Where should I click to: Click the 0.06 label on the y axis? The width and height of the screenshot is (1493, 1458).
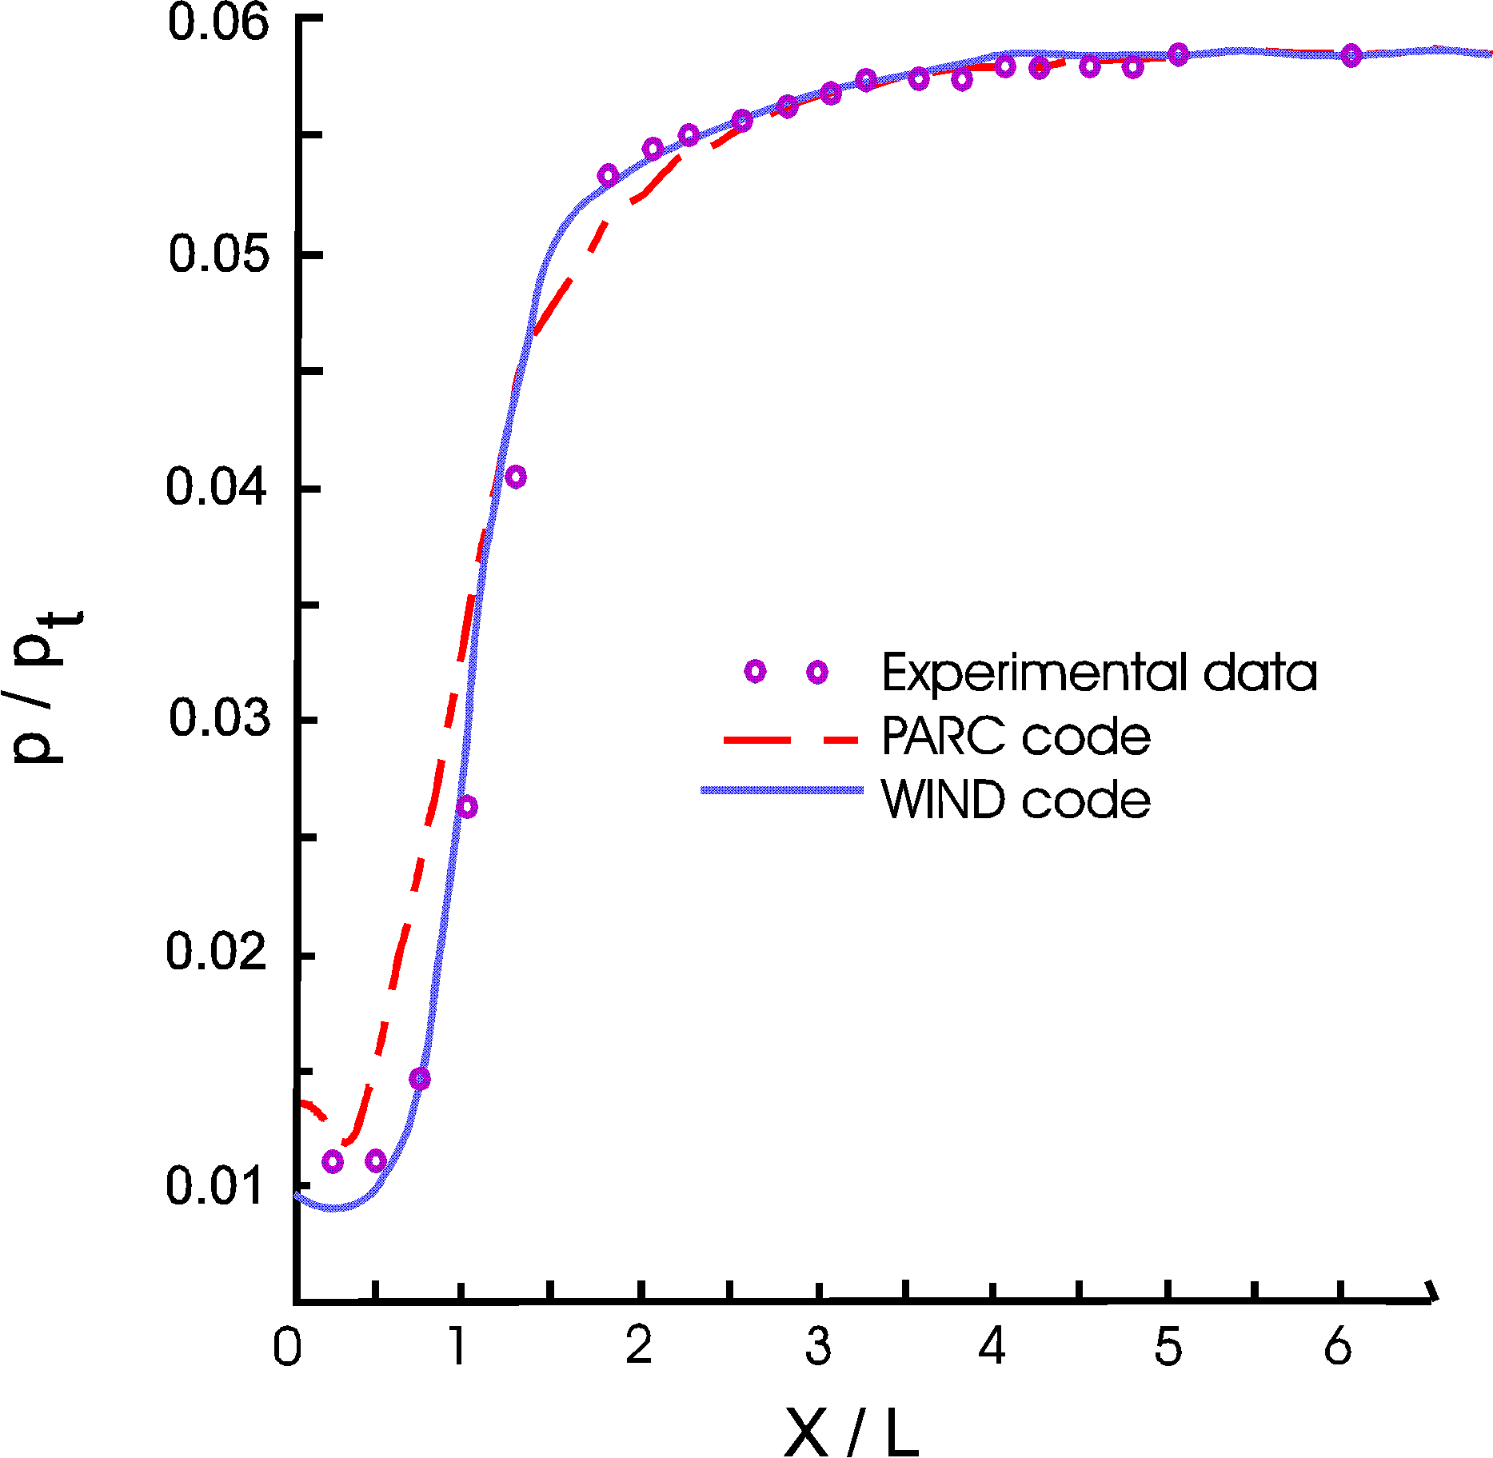pyautogui.click(x=218, y=22)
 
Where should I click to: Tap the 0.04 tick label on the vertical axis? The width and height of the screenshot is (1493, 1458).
pyautogui.click(x=216, y=486)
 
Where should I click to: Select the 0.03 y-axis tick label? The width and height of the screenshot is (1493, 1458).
pyautogui.click(x=218, y=717)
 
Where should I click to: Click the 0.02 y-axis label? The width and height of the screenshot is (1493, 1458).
pyautogui.click(x=216, y=951)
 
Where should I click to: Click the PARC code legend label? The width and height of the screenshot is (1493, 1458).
pyautogui.click(x=1016, y=736)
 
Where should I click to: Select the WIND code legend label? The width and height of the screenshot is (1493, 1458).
pyautogui.click(x=1016, y=799)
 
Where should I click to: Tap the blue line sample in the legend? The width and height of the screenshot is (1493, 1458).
pyautogui.click(x=782, y=790)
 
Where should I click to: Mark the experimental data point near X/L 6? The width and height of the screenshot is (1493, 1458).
pyautogui.click(x=1351, y=55)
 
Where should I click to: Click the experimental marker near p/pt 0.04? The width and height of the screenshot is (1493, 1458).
pyautogui.click(x=516, y=477)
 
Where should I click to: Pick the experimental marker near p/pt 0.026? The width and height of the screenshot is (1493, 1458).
pyautogui.click(x=468, y=807)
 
